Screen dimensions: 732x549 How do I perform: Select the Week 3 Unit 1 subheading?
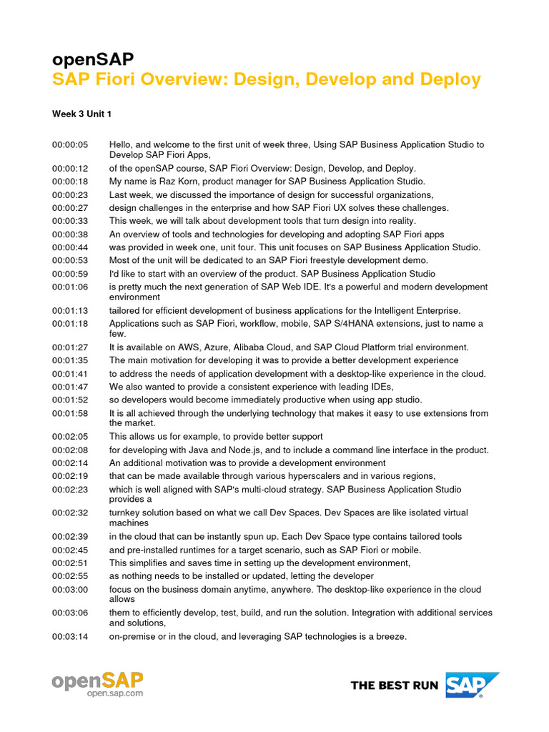click(x=81, y=114)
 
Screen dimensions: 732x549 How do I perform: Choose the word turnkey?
click(x=127, y=513)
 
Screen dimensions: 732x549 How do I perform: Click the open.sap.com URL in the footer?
click(x=115, y=693)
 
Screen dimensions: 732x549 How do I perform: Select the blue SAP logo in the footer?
click(x=473, y=685)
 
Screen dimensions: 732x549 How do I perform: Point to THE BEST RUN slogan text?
click(x=395, y=686)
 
